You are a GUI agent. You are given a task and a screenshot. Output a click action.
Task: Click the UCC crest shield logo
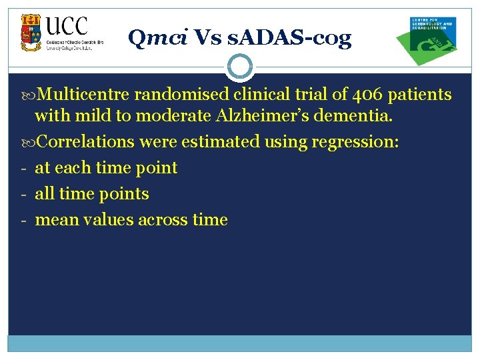point(31,32)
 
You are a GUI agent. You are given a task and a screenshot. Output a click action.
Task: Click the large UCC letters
point(67,27)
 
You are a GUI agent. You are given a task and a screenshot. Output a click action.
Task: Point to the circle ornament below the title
point(240,67)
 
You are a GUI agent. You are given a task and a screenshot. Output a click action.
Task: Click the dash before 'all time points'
point(22,194)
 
